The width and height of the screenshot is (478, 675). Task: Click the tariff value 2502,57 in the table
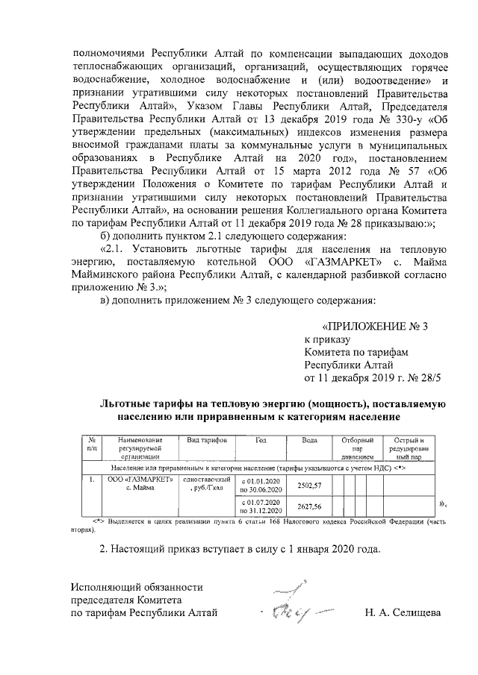pos(309,485)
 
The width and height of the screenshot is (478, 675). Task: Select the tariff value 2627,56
pos(309,507)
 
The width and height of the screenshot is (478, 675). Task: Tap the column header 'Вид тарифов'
pos(202,441)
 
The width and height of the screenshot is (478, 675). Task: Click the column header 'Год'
pos(261,441)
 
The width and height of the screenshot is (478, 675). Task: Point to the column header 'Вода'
pos(309,441)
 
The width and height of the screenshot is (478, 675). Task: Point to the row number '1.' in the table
pos(91,479)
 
